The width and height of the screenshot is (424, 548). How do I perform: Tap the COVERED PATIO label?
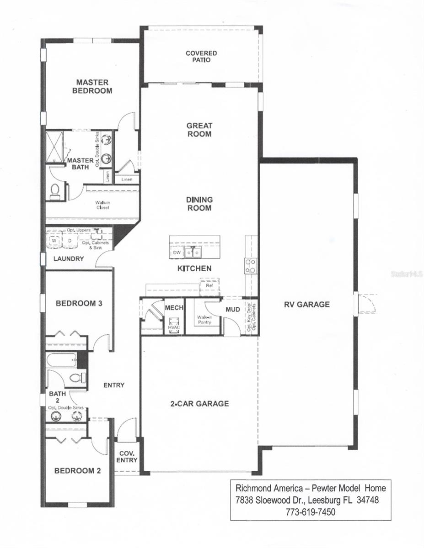point(201,56)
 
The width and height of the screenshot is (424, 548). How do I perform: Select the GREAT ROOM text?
point(199,130)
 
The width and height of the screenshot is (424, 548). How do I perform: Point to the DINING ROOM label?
point(199,204)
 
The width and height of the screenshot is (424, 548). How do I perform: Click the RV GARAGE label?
point(306,305)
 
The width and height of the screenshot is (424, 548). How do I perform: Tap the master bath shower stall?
point(55,147)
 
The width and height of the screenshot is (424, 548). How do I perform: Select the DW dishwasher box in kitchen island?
point(177,252)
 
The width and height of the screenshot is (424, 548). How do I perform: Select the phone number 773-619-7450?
point(311,512)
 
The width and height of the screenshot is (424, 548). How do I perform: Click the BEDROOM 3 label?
point(79,303)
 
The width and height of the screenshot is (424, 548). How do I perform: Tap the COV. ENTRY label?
point(126,457)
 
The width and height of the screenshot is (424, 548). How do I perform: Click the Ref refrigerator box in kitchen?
point(209,285)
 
